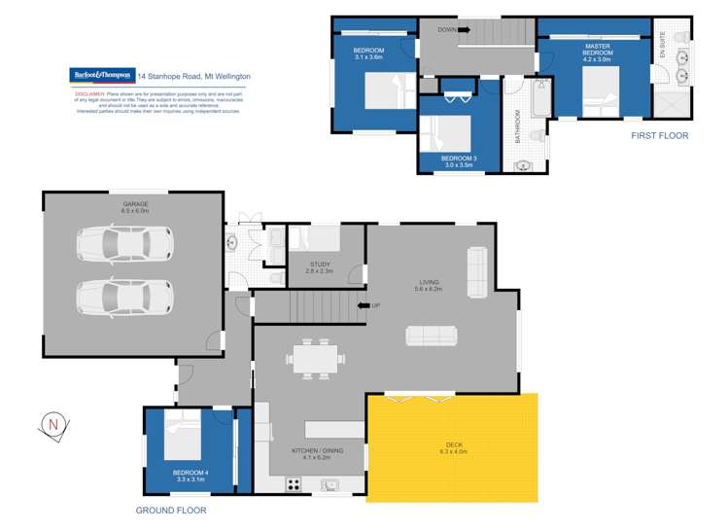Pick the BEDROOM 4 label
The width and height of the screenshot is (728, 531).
pyautogui.click(x=191, y=476)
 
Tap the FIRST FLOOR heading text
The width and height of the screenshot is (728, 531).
pyautogui.click(x=659, y=136)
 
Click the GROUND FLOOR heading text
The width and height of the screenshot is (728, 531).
pyautogui.click(x=171, y=510)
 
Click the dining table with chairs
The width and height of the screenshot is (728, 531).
pyautogui.click(x=315, y=358)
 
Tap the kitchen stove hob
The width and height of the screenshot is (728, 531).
pyautogui.click(x=293, y=483)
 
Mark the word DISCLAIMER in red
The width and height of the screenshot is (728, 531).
pyautogui.click(x=87, y=95)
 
